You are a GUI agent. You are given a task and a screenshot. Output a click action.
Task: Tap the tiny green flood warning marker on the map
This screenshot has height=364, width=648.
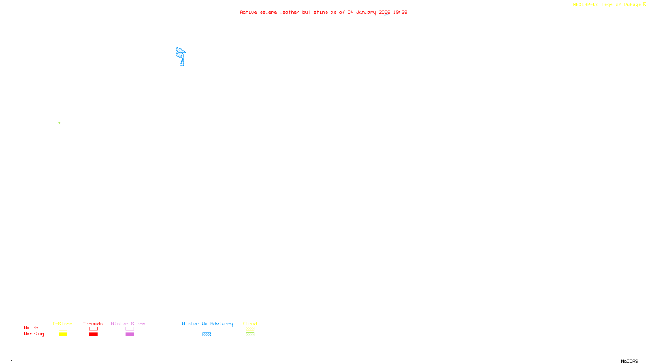click(59, 123)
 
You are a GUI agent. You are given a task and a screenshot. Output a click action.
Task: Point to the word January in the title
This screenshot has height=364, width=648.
click(366, 13)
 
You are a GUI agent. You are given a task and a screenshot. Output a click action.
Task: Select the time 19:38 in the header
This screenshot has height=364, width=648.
click(400, 13)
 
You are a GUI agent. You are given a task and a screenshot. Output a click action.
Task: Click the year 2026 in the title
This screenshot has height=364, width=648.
click(384, 13)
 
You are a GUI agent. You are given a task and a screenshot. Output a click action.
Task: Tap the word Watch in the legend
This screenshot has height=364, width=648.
click(31, 328)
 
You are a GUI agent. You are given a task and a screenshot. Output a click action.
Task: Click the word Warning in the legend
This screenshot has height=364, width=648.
click(34, 334)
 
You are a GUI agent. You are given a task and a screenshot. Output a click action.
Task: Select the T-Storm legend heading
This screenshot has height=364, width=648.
click(62, 324)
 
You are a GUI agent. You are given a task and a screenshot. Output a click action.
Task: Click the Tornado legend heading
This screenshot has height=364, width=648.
click(93, 324)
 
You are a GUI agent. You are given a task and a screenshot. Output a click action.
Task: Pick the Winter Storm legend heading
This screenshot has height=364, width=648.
click(128, 324)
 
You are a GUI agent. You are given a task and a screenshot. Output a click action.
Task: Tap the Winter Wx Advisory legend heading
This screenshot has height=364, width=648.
click(207, 324)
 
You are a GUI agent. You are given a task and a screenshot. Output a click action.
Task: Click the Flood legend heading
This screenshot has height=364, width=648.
click(250, 324)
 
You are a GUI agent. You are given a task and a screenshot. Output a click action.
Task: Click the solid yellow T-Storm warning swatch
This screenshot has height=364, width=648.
click(63, 334)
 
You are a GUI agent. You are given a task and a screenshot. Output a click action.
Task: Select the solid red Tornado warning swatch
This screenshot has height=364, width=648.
click(93, 334)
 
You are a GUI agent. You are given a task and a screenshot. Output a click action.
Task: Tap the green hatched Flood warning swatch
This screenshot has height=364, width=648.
click(250, 334)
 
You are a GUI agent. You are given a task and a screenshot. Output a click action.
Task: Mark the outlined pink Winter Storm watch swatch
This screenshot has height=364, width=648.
click(130, 329)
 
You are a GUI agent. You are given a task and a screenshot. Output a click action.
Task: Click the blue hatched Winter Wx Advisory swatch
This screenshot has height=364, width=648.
click(207, 334)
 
